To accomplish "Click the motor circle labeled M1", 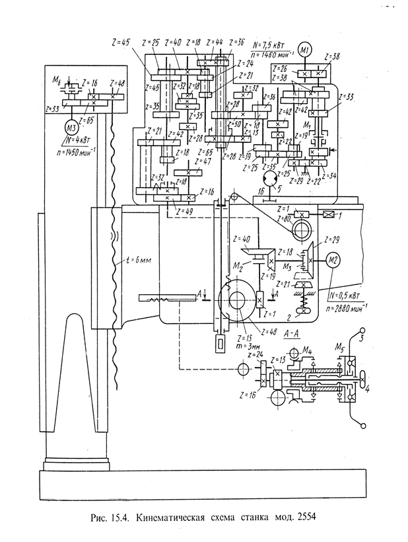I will tap(305, 50).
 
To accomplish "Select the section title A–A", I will tap(292, 334).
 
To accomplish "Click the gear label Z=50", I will tap(234, 124).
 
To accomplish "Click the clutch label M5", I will tap(339, 345).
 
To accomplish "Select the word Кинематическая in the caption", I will tap(170, 518).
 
